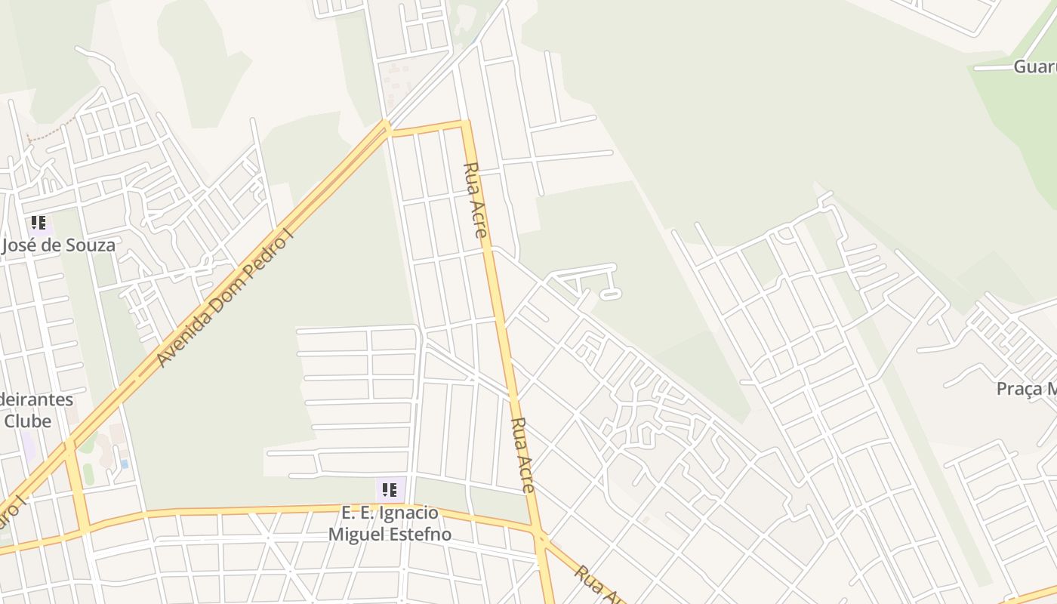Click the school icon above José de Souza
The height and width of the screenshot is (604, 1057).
pyautogui.click(x=39, y=223)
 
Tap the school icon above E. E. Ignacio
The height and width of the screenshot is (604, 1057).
pyautogui.click(x=390, y=490)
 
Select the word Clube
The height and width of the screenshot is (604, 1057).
pyautogui.click(x=28, y=421)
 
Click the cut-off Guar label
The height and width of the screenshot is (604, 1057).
pyautogui.click(x=1034, y=66)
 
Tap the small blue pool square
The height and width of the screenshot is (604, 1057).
pyautogui.click(x=124, y=464)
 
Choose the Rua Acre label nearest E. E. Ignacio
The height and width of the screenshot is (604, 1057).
pyautogui.click(x=523, y=455)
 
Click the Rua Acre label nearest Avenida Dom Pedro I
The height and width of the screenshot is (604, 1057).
pyautogui.click(x=475, y=200)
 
